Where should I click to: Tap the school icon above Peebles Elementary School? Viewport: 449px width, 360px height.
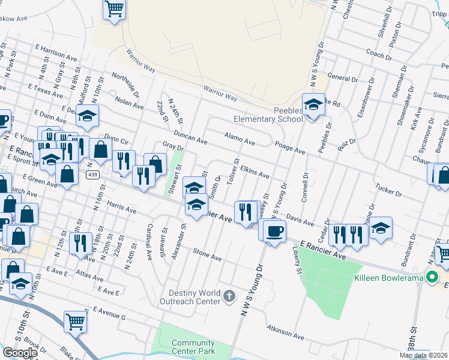(x=313, y=105)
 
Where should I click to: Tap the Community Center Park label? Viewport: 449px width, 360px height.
(x=193, y=347)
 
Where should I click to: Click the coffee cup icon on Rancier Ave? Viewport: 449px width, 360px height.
(x=274, y=230)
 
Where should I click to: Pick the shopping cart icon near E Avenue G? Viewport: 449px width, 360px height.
(x=76, y=321)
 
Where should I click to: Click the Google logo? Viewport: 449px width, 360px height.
(x=20, y=352)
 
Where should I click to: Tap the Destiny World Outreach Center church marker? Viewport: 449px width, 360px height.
(x=229, y=295)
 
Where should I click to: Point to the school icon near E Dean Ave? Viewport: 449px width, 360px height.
(x=88, y=115)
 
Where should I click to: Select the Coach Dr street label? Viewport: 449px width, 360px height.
(x=378, y=55)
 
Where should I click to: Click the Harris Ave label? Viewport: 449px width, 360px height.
(x=122, y=208)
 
